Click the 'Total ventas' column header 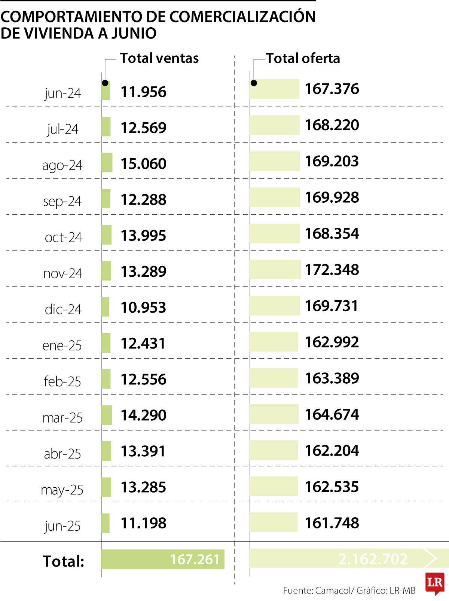pyautogui.click(x=159, y=58)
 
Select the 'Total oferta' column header pyautogui.click(x=303, y=58)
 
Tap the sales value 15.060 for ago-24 pyautogui.click(x=143, y=164)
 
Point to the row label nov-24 pyautogui.click(x=62, y=273)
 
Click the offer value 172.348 pyautogui.click(x=332, y=270)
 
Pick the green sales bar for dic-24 pyautogui.click(x=105, y=307)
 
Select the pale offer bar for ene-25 pyautogui.click(x=274, y=342)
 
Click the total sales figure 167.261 pyautogui.click(x=195, y=559)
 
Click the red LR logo pyautogui.click(x=435, y=583)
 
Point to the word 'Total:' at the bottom pyautogui.click(x=64, y=561)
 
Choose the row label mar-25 pyautogui.click(x=62, y=417)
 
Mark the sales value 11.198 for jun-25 pyautogui.click(x=143, y=523)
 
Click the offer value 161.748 pyautogui.click(x=332, y=523)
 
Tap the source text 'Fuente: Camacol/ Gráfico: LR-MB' pyautogui.click(x=349, y=591)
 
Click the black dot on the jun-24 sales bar pyautogui.click(x=105, y=83)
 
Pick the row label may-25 pyautogui.click(x=62, y=490)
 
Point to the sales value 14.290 pyautogui.click(x=143, y=415)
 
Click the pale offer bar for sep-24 pyautogui.click(x=275, y=197)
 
